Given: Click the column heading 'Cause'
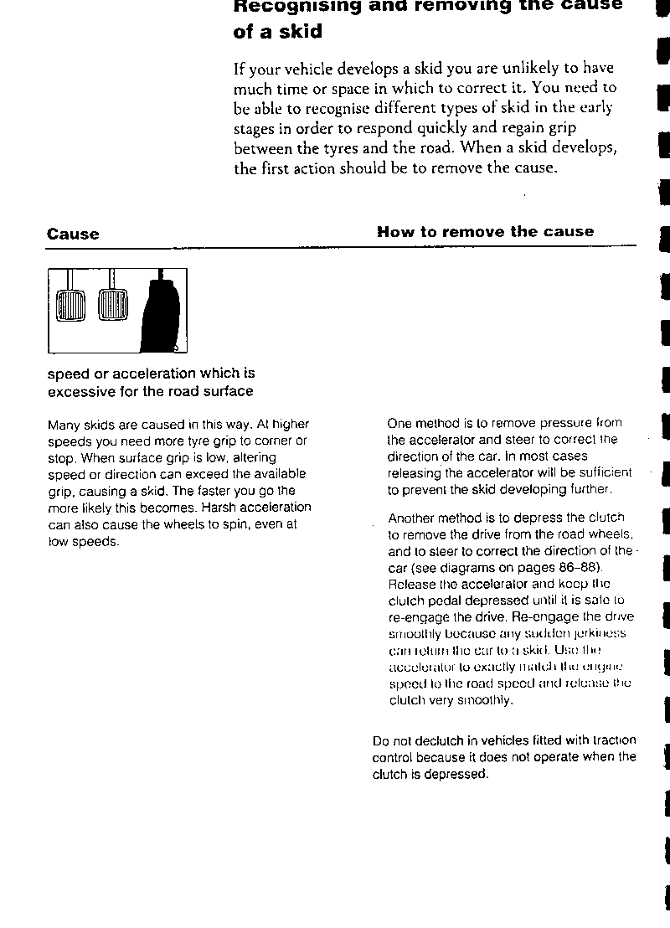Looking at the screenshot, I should (x=73, y=235).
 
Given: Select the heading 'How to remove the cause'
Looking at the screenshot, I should (x=485, y=232).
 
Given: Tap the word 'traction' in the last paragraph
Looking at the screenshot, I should (x=614, y=740).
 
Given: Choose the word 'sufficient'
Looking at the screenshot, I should (x=605, y=473).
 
